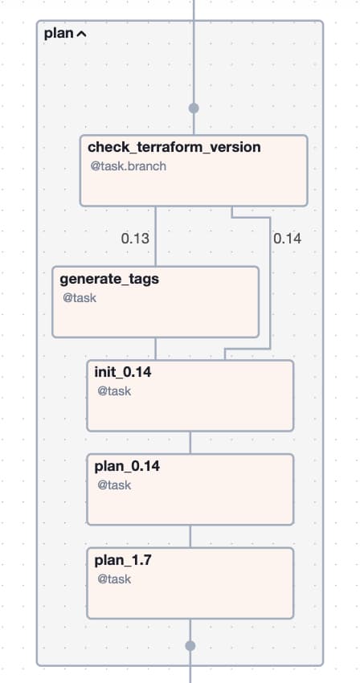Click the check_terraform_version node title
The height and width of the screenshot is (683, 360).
click(x=174, y=147)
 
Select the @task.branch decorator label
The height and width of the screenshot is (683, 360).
click(x=128, y=166)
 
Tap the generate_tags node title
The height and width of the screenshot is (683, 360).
click(x=109, y=279)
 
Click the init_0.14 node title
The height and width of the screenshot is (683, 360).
click(x=123, y=372)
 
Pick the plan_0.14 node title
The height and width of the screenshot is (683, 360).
click(x=127, y=466)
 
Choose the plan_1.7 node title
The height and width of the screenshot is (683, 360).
click(x=123, y=560)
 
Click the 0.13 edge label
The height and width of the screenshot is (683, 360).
click(x=135, y=239)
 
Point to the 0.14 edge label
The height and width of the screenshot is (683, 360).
click(x=287, y=239)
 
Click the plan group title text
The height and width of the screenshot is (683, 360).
click(x=59, y=34)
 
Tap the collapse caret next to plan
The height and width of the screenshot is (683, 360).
click(x=81, y=34)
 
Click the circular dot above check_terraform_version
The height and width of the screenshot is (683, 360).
click(x=194, y=108)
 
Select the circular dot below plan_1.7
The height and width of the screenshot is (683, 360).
click(x=190, y=645)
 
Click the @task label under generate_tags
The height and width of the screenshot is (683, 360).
click(x=80, y=298)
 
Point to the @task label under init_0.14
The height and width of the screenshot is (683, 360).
click(x=114, y=391)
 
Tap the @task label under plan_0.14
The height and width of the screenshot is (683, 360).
click(x=114, y=485)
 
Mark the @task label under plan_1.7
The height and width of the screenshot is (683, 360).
click(x=114, y=579)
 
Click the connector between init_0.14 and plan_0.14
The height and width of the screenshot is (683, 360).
click(x=190, y=443)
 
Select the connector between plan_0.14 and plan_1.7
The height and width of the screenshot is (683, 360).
click(x=190, y=536)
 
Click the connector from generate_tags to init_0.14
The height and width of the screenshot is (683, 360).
click(x=156, y=349)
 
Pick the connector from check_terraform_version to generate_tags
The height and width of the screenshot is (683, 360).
click(x=156, y=236)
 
